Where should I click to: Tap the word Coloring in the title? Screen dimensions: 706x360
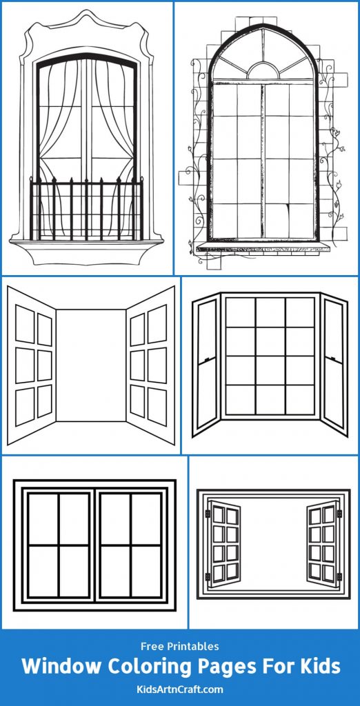(x=150, y=666)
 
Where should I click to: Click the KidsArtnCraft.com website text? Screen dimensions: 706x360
(x=179, y=688)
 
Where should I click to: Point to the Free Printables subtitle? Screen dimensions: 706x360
(x=179, y=646)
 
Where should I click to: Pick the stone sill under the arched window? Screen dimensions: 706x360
(x=263, y=248)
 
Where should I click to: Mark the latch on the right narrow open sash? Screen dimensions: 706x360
(x=332, y=358)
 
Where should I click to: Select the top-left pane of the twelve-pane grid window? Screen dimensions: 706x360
(x=240, y=312)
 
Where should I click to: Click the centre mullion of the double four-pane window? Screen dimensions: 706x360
(x=94, y=545)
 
